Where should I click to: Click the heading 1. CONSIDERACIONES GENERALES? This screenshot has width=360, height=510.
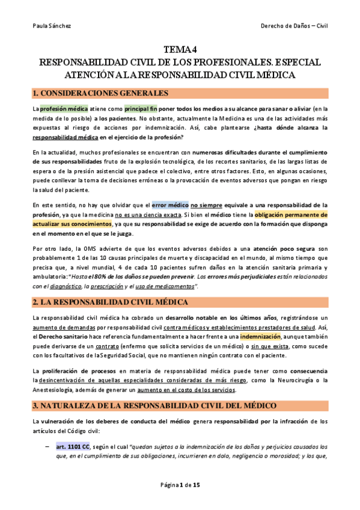tap(100, 93)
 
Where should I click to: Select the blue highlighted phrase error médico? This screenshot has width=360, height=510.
tap(171, 205)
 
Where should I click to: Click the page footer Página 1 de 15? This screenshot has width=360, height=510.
tap(180, 485)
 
